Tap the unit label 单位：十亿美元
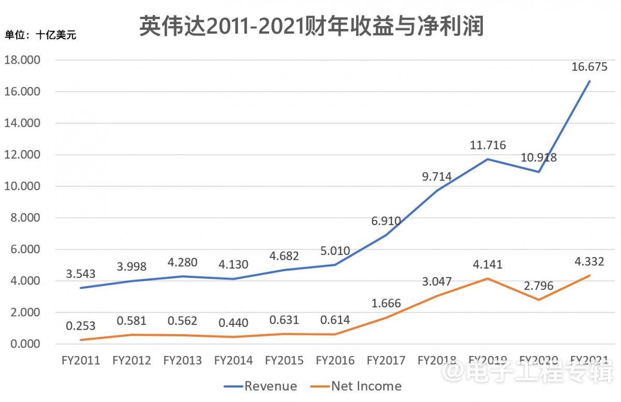[40, 36]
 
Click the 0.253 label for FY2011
[81, 326]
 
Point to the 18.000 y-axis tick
[22, 60]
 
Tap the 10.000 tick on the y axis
[22, 186]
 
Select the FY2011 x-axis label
[80, 361]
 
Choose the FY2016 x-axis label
[335, 361]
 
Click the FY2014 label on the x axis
[233, 361]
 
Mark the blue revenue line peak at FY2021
[589, 81]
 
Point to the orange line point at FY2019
[487, 278]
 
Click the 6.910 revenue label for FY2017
[386, 221]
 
